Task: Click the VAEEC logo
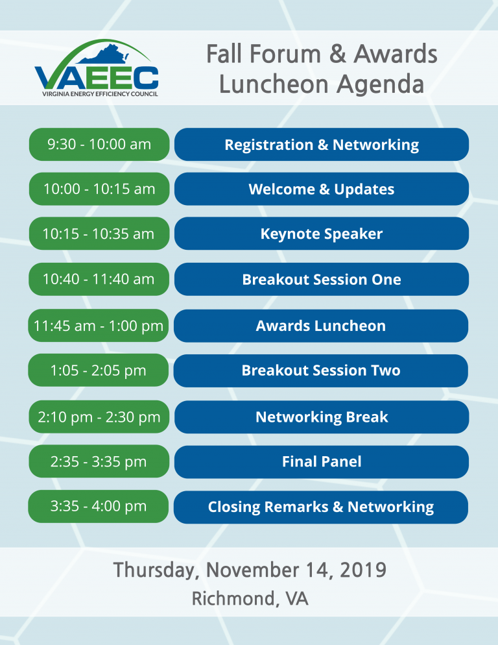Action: point(96,68)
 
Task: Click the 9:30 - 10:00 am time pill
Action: point(99,145)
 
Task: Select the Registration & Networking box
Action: point(322,145)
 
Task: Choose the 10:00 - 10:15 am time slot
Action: point(99,189)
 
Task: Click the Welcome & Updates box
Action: point(322,189)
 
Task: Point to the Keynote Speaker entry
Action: point(322,233)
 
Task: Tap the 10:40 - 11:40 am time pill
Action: point(99,279)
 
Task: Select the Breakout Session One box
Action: point(322,279)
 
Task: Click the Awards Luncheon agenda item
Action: point(321,325)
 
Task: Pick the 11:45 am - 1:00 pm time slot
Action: point(99,325)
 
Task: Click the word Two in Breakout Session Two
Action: point(385,371)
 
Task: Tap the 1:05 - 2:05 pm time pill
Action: point(99,371)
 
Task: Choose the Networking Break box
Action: point(322,417)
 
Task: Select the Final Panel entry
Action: point(322,461)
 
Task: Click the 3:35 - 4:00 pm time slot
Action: point(99,506)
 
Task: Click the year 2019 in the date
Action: point(363,570)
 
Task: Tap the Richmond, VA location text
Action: point(250,598)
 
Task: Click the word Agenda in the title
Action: point(381,85)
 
